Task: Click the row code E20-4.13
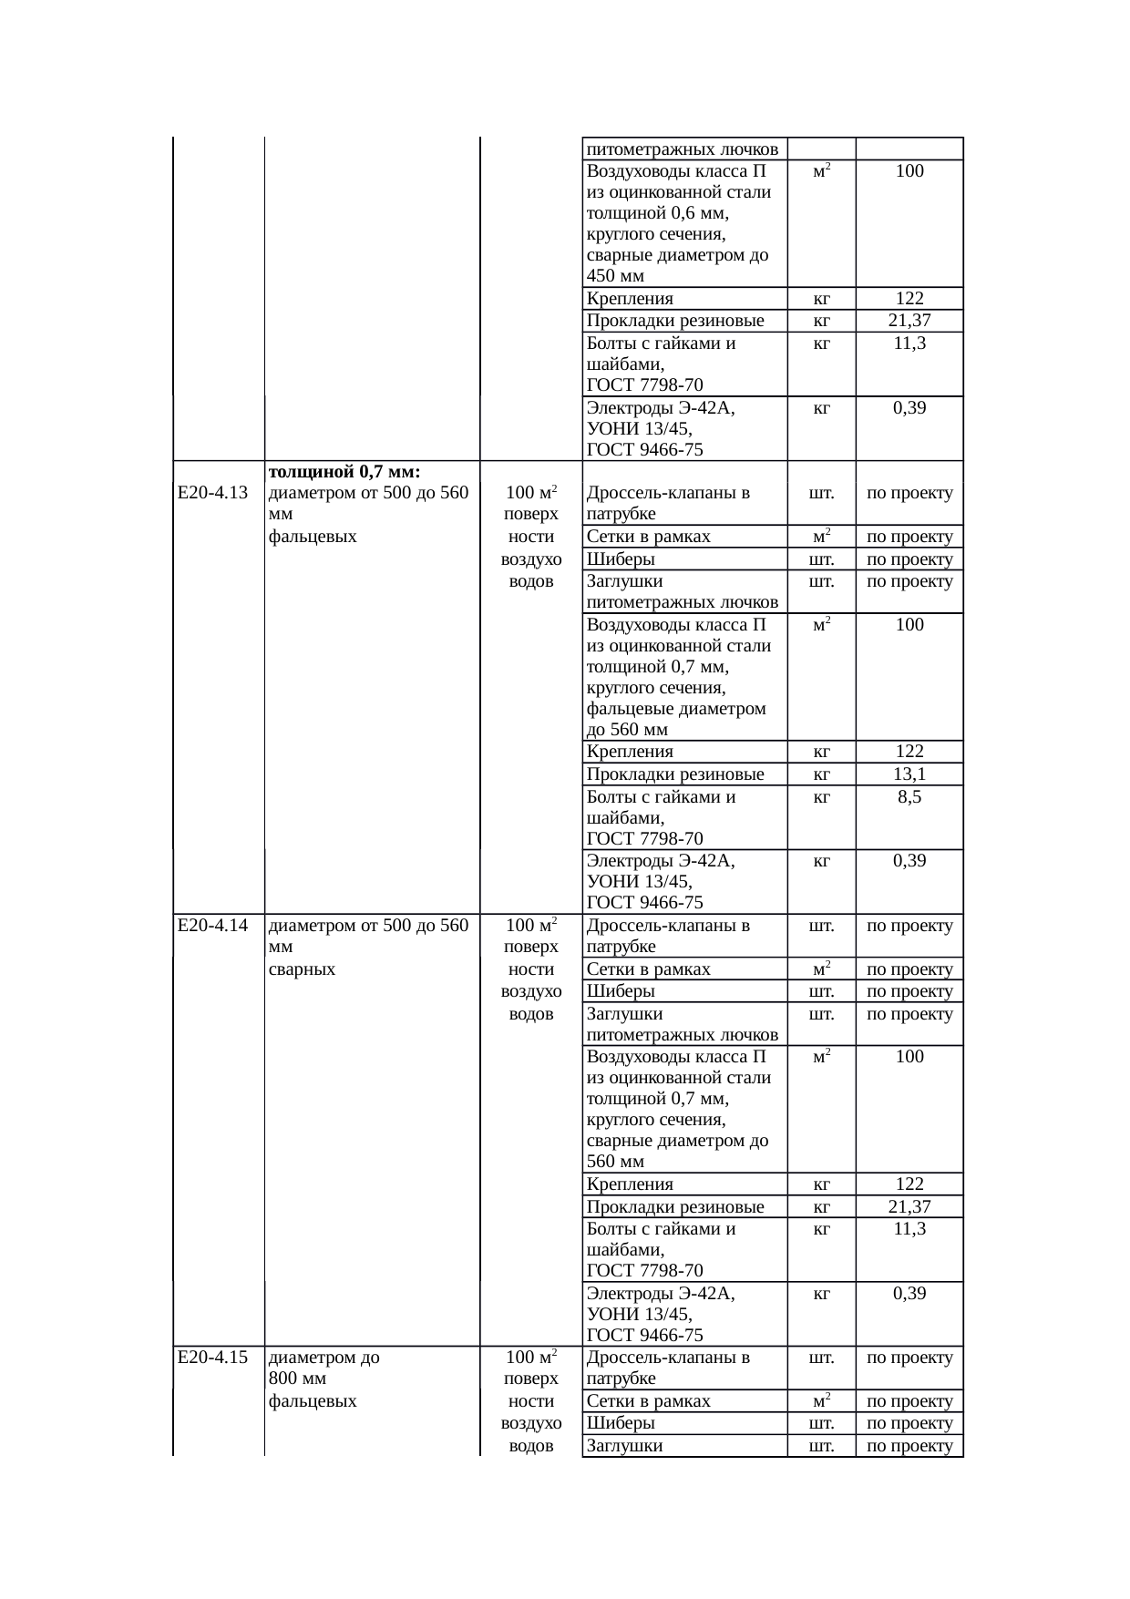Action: (212, 493)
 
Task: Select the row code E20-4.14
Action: (212, 926)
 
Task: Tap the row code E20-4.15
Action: (212, 1358)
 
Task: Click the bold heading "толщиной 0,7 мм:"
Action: (344, 472)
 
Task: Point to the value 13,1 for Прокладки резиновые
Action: (909, 774)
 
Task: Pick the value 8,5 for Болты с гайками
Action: (909, 797)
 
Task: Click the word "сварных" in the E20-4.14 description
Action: (302, 969)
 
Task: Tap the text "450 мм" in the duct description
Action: (615, 276)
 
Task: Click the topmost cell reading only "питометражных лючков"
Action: (683, 149)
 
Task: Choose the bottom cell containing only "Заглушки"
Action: (624, 1446)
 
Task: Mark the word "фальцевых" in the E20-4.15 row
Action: (313, 1401)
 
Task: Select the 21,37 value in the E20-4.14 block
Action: (909, 1207)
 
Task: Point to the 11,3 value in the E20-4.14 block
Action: (909, 1229)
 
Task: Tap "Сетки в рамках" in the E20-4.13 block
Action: (648, 537)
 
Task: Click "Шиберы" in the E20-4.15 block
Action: (621, 1423)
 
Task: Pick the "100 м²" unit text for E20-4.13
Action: (531, 493)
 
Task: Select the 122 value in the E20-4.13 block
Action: (909, 752)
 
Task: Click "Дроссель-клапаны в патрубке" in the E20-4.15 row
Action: (668, 1368)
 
